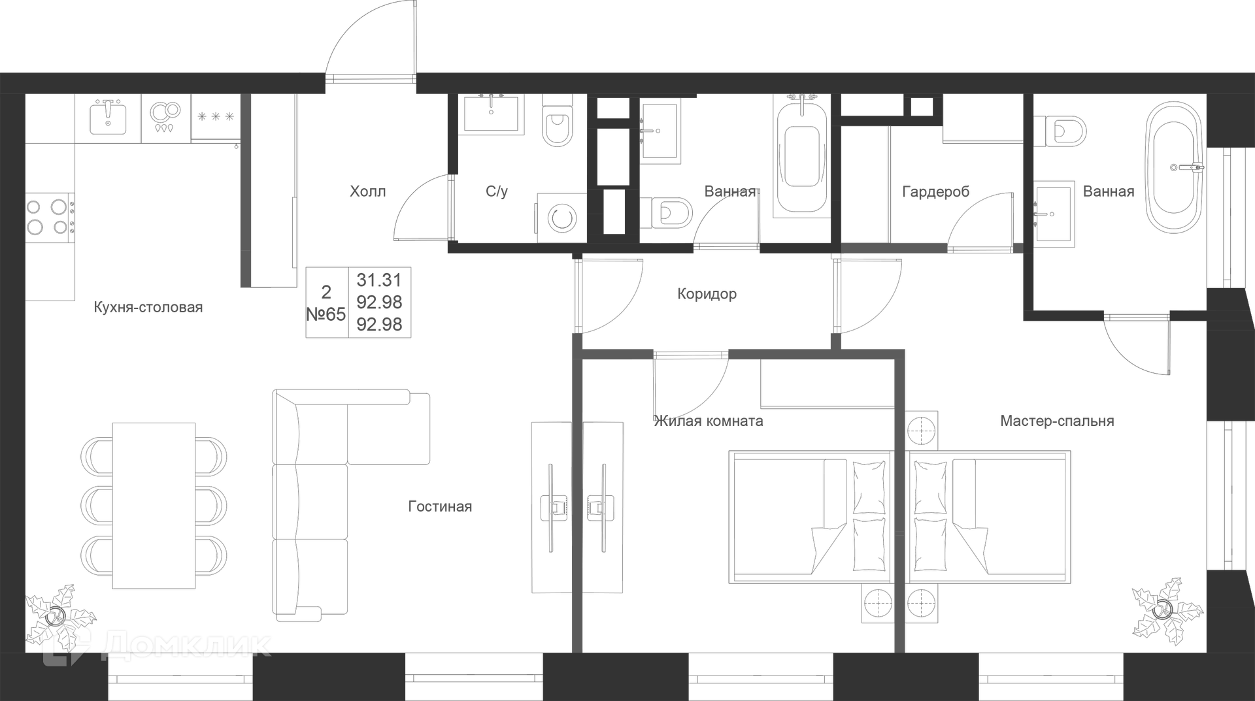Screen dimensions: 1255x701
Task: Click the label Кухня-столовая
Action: click(148, 307)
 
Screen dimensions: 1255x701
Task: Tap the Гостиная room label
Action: click(440, 506)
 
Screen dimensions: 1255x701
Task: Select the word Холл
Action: click(368, 191)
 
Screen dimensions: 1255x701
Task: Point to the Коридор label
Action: click(707, 294)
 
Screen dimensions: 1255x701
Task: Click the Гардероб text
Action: click(935, 191)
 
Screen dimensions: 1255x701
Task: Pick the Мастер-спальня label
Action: click(1057, 421)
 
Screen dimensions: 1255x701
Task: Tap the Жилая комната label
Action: click(709, 421)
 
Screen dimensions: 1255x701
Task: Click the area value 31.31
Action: click(379, 280)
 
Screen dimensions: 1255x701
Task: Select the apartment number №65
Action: click(326, 314)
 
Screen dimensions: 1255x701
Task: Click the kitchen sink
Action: click(108, 117)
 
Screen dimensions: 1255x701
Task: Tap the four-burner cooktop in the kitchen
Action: click(50, 216)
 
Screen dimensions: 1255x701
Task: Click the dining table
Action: click(154, 506)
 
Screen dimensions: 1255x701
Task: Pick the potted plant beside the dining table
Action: click(59, 615)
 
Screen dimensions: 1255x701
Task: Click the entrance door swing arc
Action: click(370, 39)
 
